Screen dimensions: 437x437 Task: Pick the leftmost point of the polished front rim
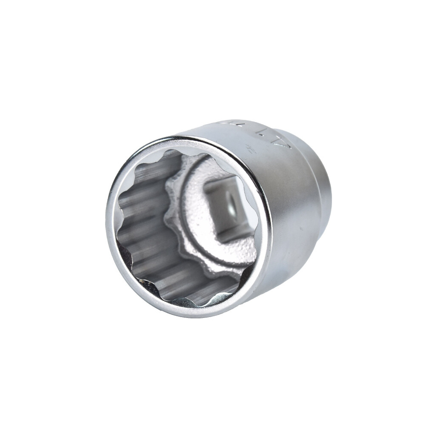click(x=107, y=222)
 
